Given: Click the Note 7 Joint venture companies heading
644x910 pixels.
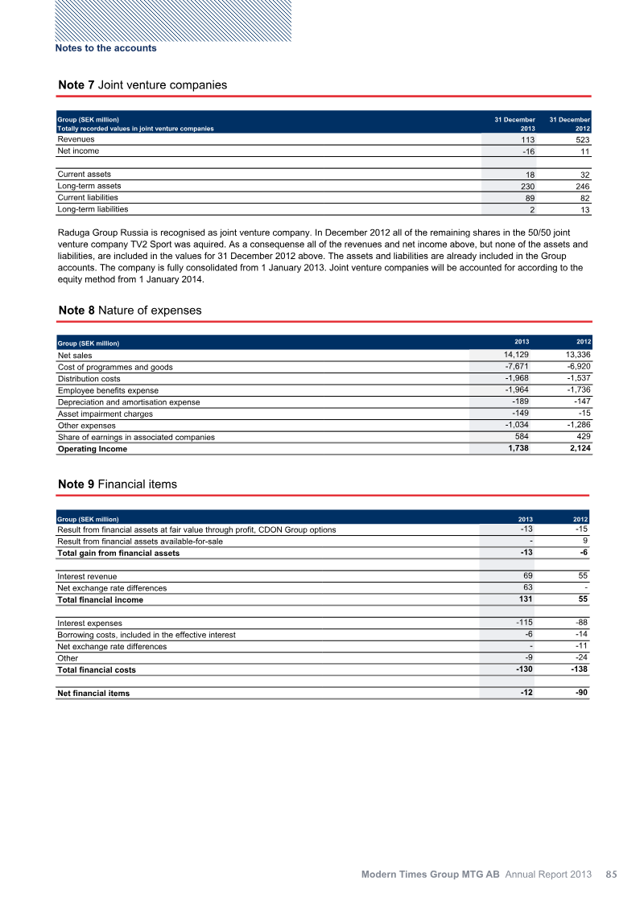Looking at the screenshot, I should coord(142,84).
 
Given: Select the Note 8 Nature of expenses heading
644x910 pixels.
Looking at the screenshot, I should coord(130,310).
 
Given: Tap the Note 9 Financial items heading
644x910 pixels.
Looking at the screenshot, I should coord(118,484).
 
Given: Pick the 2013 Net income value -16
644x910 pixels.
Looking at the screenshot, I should coord(526,151).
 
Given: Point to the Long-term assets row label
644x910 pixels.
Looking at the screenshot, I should coord(89,186).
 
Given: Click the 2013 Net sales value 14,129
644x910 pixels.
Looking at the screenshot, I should coord(516,355).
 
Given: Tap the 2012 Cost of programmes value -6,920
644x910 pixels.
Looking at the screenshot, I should coord(576,367).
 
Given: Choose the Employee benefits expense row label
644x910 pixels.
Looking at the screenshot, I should coord(108,390).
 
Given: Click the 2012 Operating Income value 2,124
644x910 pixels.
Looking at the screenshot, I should coord(576,448).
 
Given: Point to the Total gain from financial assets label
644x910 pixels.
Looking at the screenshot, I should coord(118,553).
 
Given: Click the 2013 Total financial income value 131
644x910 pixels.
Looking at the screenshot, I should coord(525,599).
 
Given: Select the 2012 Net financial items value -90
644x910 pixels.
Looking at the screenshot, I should coord(582,693).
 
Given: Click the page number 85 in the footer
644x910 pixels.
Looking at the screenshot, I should coord(611,873).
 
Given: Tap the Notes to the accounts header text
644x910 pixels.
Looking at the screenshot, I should coord(105,48).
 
